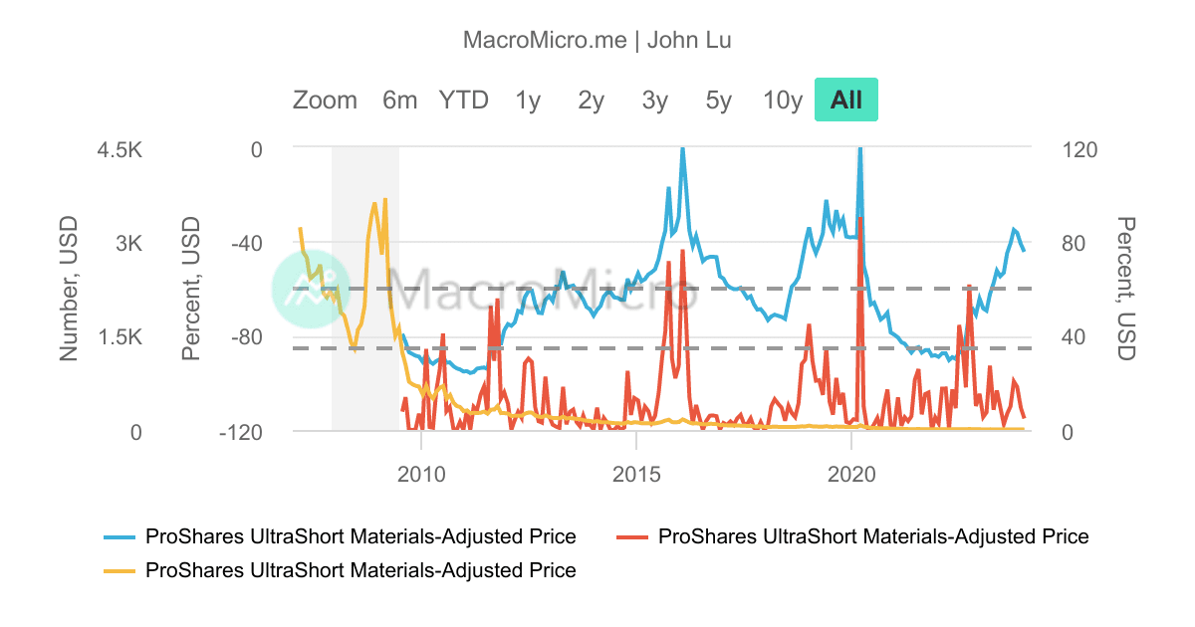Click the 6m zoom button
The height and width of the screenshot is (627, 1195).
pyautogui.click(x=399, y=101)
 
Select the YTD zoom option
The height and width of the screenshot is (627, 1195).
pyautogui.click(x=464, y=101)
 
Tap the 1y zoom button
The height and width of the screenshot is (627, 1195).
pyautogui.click(x=528, y=101)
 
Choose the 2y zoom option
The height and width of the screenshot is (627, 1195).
pyautogui.click(x=592, y=101)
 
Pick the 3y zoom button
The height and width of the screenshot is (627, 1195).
pyautogui.click(x=655, y=101)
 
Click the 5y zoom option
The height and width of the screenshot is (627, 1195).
pyautogui.click(x=718, y=101)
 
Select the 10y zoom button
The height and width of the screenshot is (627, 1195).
pyautogui.click(x=783, y=101)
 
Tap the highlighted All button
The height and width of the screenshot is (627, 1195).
pyautogui.click(x=846, y=101)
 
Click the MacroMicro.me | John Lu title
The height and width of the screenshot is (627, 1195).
pyautogui.click(x=597, y=40)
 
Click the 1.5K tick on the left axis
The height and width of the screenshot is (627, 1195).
pyautogui.click(x=121, y=337)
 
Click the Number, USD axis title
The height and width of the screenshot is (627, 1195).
pyautogui.click(x=69, y=291)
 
